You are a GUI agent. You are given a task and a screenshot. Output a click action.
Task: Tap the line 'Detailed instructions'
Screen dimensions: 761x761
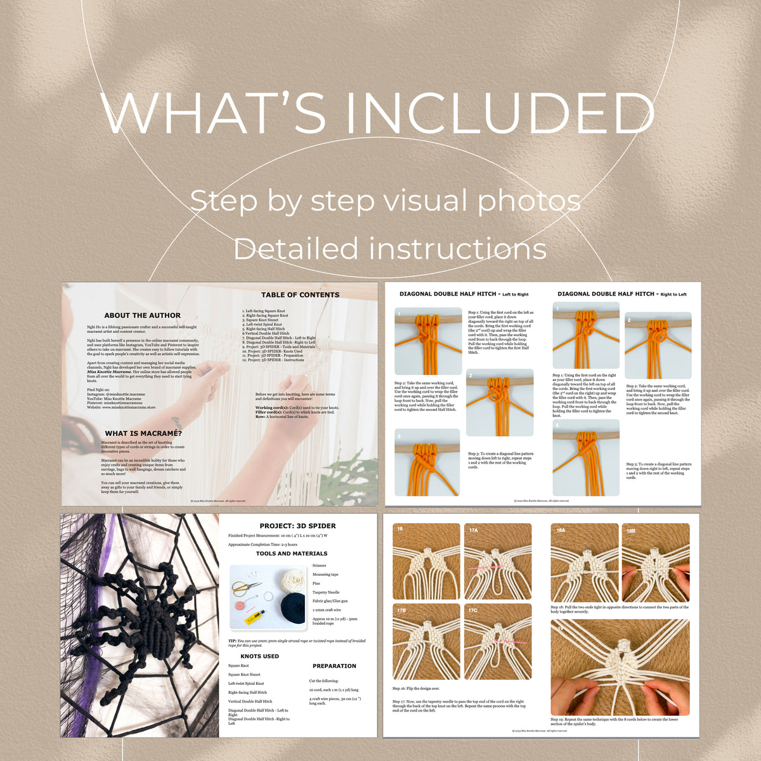click(x=390, y=249)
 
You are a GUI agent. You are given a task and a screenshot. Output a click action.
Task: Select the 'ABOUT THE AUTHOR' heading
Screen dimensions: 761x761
click(x=143, y=315)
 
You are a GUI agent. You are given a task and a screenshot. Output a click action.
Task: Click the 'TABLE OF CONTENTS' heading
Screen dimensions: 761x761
click(x=300, y=295)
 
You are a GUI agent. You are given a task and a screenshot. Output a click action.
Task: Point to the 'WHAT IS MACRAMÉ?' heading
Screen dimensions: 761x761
click(x=143, y=434)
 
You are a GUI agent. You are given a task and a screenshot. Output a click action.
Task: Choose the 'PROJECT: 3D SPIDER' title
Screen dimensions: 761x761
click(x=297, y=526)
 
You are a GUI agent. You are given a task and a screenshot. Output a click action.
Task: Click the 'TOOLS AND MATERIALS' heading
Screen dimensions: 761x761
click(x=292, y=554)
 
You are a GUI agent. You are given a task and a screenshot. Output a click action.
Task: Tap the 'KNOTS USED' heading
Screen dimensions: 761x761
click(x=259, y=656)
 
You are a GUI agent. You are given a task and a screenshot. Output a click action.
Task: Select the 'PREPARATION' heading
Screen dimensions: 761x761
click(x=334, y=666)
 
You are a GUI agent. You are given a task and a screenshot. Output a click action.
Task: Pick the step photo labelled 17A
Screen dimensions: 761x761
click(x=497, y=562)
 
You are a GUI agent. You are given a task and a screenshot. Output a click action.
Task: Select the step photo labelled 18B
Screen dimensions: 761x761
click(x=656, y=562)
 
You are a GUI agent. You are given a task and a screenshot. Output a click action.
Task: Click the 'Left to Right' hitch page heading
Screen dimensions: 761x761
click(x=464, y=294)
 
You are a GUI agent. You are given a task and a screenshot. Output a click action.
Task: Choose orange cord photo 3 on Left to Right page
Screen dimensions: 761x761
click(x=427, y=462)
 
